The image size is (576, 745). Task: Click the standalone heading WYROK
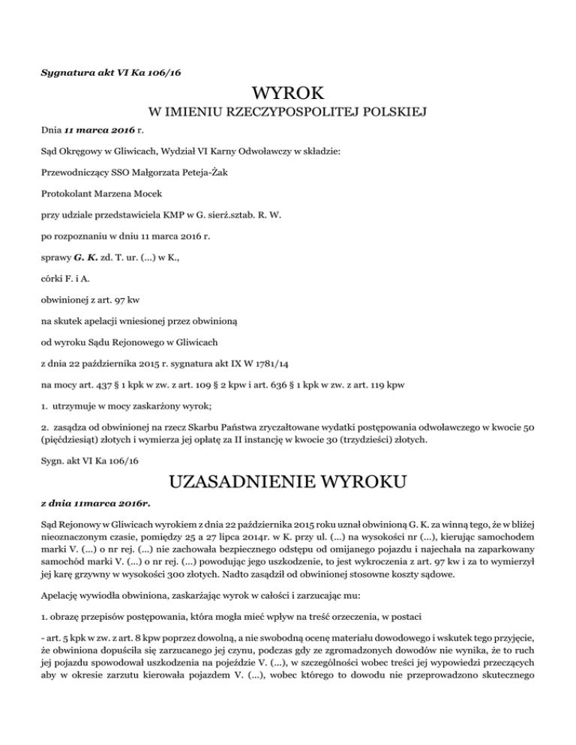coord(288,94)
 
